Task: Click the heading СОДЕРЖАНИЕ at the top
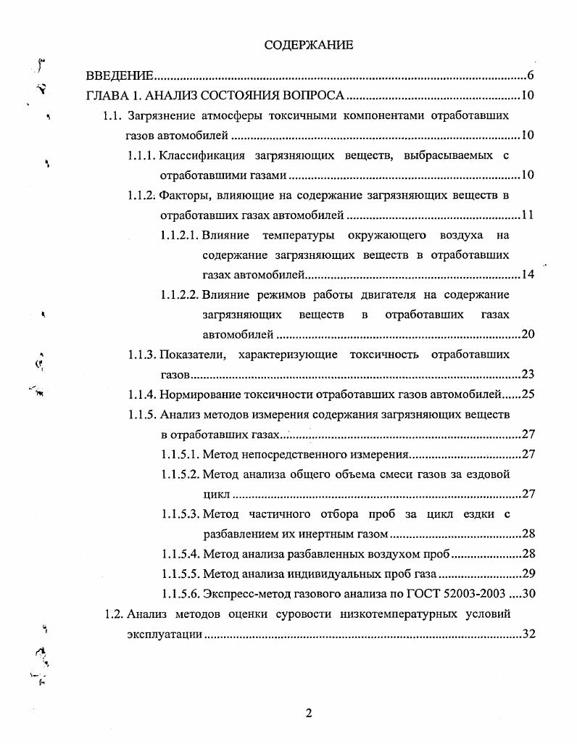click(309, 45)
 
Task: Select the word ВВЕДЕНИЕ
click(120, 76)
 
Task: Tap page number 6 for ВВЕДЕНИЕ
click(531, 76)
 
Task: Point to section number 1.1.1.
click(141, 155)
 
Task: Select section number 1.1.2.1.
click(180, 235)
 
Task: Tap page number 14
click(528, 275)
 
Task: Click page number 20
click(528, 334)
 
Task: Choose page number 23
click(528, 374)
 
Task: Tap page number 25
click(528, 394)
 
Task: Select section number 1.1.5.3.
click(180, 514)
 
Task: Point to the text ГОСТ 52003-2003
click(460, 594)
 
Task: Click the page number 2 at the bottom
click(309, 714)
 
